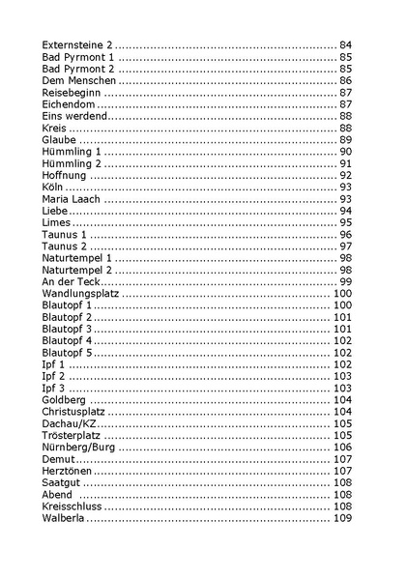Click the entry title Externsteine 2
click(x=78, y=46)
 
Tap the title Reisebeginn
click(x=71, y=93)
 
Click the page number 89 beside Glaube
click(x=345, y=140)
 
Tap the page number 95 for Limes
click(x=345, y=222)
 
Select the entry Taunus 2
click(x=66, y=246)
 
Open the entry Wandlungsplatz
click(x=80, y=293)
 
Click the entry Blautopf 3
click(x=68, y=329)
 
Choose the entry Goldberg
click(x=65, y=399)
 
